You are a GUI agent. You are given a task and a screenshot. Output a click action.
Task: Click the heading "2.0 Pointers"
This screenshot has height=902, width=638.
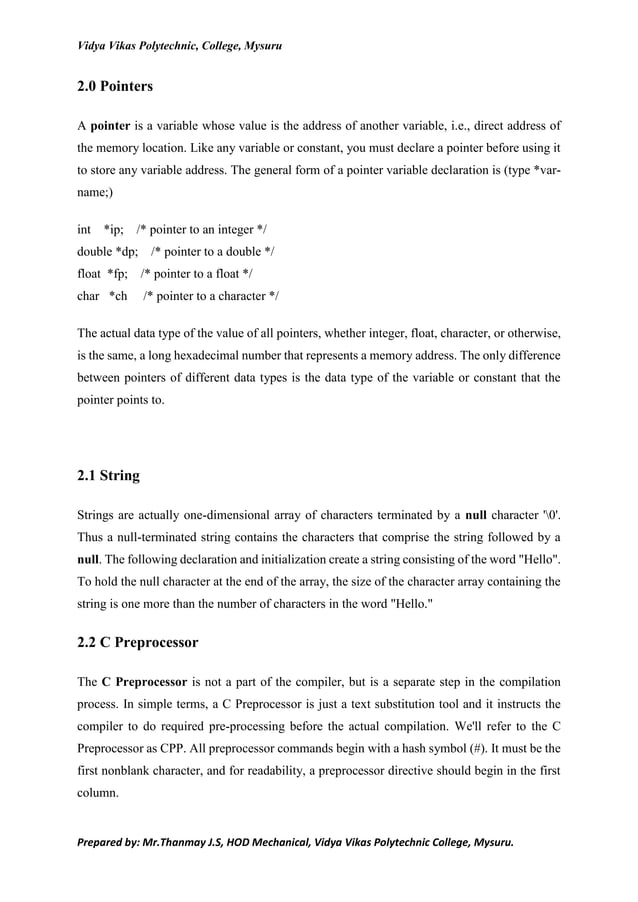coord(115,87)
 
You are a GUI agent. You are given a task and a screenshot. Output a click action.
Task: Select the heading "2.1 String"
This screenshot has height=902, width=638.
coord(108,475)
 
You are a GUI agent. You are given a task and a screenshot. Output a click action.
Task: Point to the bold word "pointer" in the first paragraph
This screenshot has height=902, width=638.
coord(110,127)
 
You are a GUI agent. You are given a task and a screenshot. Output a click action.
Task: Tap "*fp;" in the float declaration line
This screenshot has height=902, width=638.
coord(117,273)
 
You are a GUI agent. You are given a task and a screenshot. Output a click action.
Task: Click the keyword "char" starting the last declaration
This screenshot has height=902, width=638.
coord(88,296)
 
